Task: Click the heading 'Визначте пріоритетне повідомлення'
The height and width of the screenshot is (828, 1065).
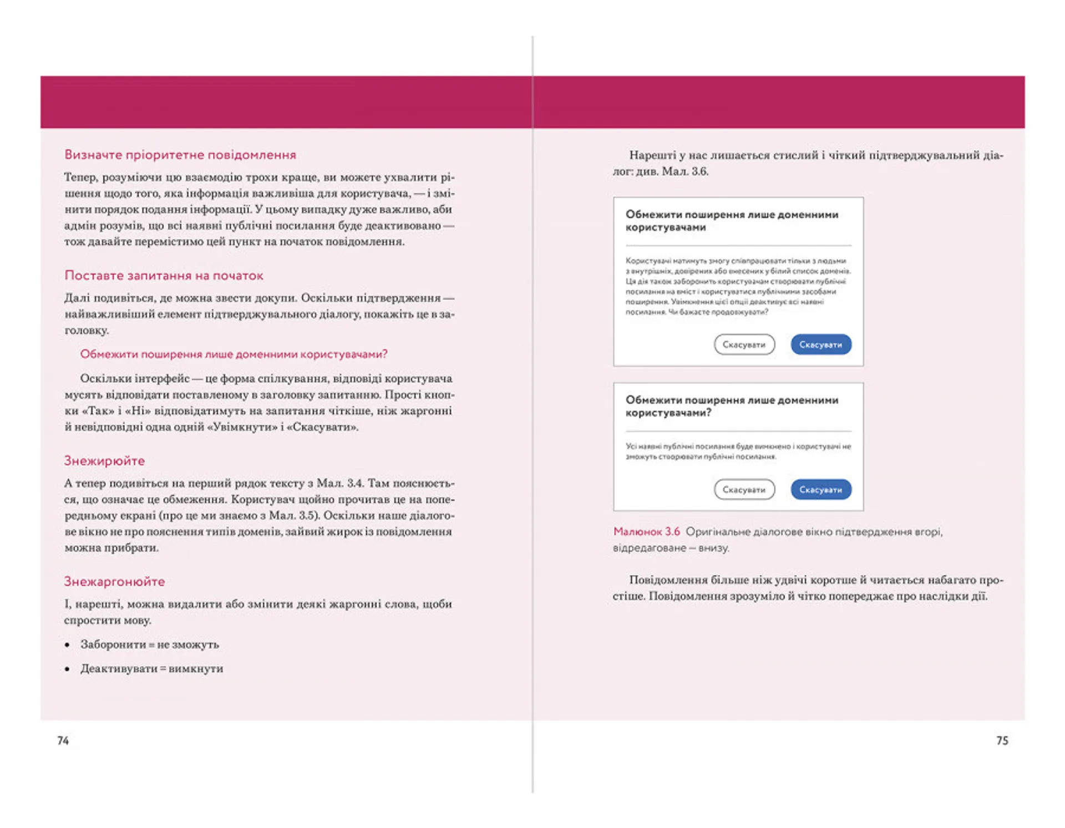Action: click(180, 155)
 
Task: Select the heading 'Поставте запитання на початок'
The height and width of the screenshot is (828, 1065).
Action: click(164, 276)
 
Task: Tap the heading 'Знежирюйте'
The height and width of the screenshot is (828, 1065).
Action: click(104, 461)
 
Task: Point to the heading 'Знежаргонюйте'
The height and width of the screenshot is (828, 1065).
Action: click(114, 582)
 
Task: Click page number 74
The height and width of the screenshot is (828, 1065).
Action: click(63, 741)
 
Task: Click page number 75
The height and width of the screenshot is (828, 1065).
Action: click(1002, 741)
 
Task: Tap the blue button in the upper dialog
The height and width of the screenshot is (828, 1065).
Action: click(820, 344)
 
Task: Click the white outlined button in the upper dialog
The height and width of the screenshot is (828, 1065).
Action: click(744, 344)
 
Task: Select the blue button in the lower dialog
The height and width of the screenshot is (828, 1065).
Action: click(820, 490)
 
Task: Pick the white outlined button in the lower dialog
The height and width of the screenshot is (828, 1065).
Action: click(744, 490)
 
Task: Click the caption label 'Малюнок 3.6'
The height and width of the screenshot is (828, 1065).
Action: click(646, 532)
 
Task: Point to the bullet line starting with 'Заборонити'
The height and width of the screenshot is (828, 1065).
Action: click(149, 644)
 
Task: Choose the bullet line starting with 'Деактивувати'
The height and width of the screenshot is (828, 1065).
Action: click(151, 669)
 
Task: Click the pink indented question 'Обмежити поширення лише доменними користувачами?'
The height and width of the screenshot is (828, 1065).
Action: click(234, 354)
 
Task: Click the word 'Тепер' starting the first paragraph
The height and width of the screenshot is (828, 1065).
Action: click(80, 177)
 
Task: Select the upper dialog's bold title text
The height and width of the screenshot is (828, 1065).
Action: click(731, 221)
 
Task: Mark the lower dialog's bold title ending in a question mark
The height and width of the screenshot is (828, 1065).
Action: click(731, 406)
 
